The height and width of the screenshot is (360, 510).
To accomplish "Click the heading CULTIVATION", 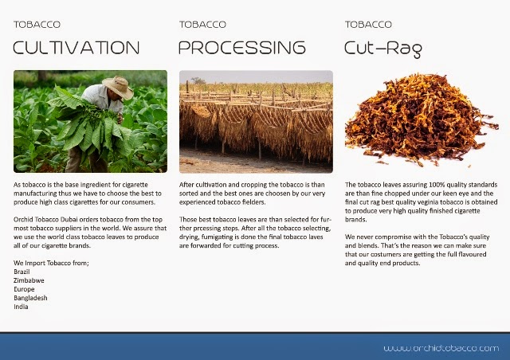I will tap(76, 48).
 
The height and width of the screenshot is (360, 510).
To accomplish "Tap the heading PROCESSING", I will tap(241, 48).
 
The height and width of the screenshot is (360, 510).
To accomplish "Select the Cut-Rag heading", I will tap(383, 48).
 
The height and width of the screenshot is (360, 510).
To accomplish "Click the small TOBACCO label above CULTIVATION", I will tap(37, 25).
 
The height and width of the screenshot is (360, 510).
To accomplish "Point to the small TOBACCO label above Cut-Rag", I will tap(368, 25).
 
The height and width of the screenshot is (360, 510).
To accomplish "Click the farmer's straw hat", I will tap(118, 86).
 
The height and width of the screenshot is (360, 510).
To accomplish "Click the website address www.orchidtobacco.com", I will tap(441, 348).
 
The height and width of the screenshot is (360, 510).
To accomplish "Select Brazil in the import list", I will tap(22, 272).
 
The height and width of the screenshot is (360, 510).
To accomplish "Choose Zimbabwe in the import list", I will tap(29, 280).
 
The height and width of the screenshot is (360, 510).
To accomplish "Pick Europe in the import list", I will tap(24, 289).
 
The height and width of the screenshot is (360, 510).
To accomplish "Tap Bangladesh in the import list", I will tap(30, 298).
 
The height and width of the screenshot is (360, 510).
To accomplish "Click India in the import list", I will tap(21, 307).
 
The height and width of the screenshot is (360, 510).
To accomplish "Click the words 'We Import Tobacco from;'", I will tap(51, 263).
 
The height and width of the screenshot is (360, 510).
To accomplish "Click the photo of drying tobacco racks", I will tap(256, 121).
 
